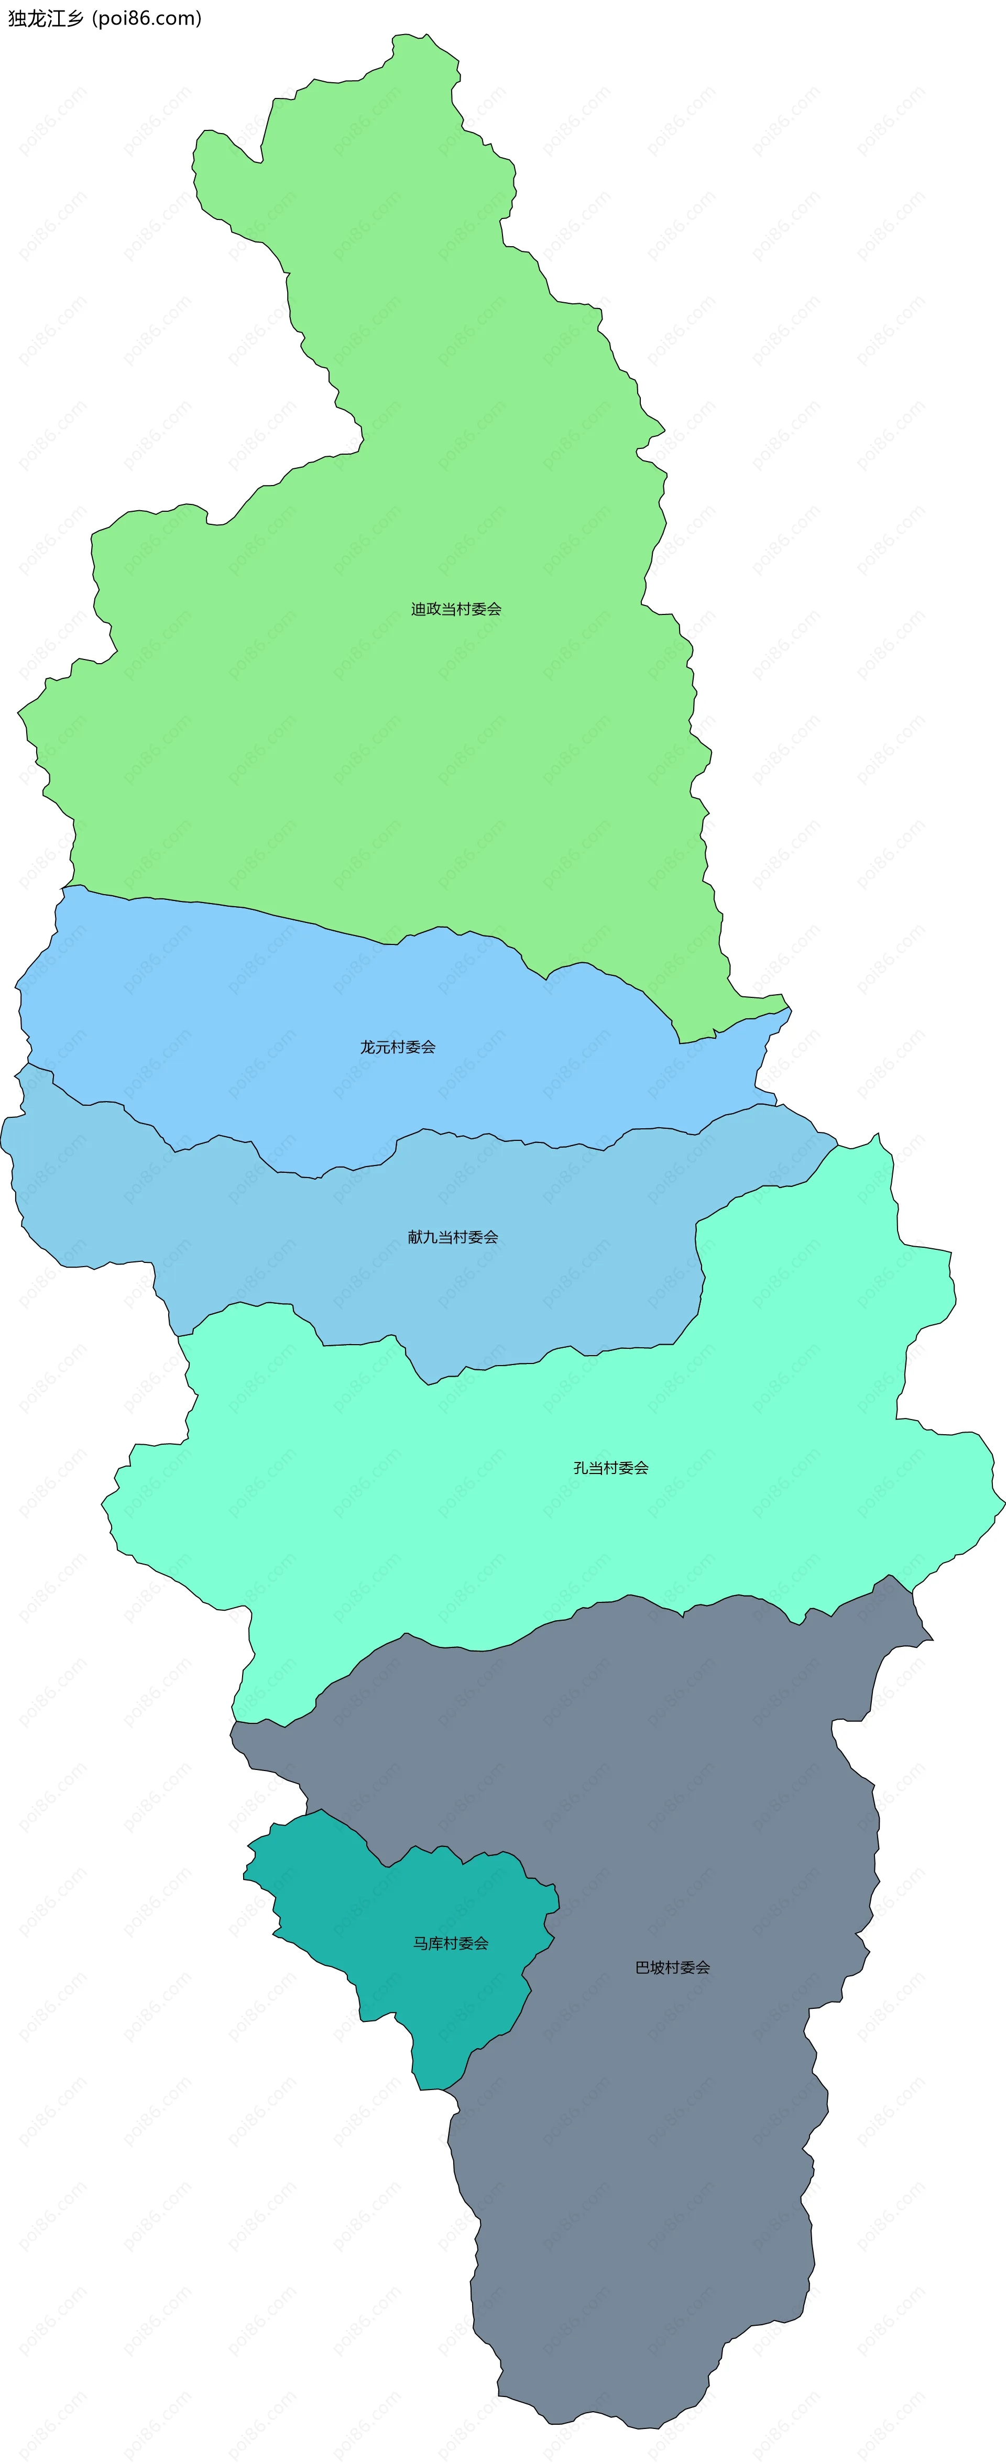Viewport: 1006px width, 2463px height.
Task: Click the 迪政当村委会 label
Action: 456,609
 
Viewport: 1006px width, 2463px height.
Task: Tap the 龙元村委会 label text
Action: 398,1047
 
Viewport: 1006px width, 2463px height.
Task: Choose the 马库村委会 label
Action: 451,1943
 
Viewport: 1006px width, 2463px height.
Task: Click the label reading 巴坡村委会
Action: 672,1967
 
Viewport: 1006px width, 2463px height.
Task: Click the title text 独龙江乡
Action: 46,18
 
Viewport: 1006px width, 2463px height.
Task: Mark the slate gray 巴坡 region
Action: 670,2151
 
